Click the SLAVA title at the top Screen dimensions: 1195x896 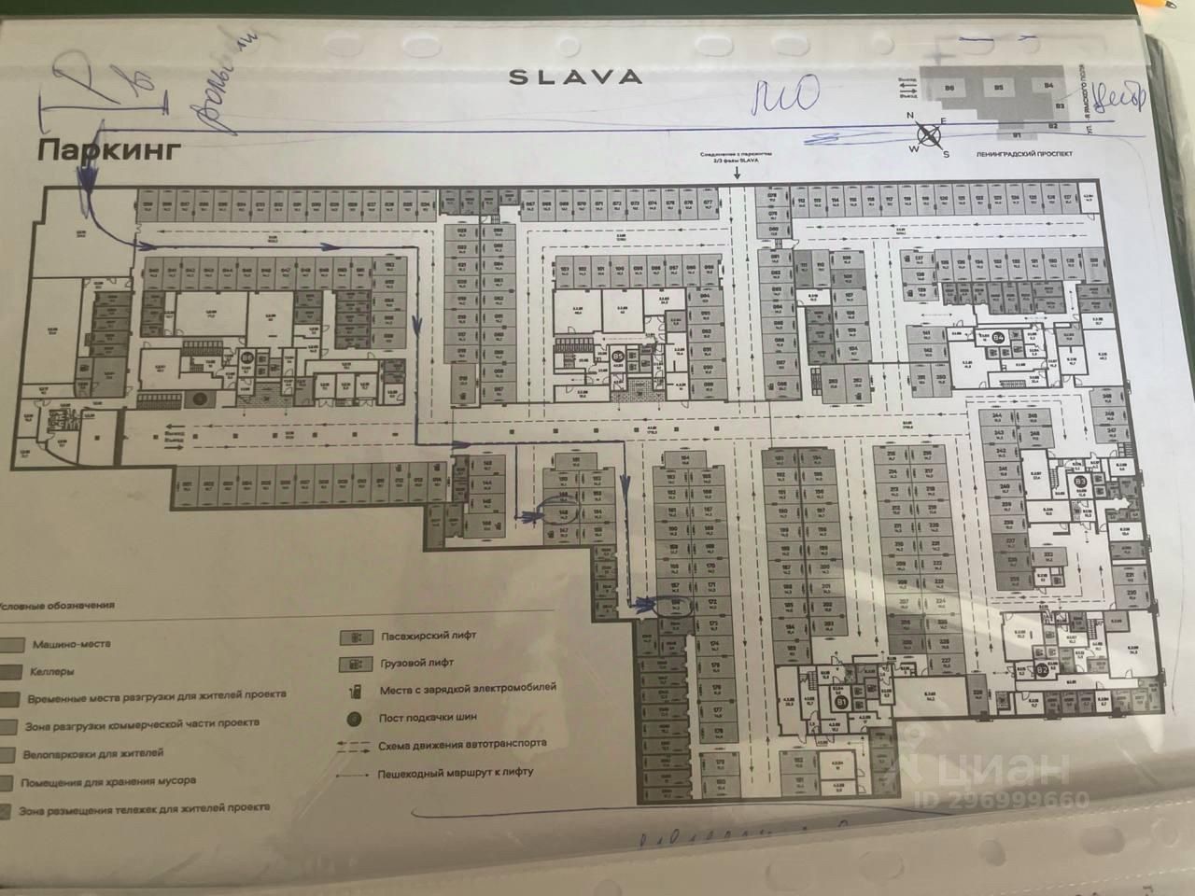[x=575, y=77]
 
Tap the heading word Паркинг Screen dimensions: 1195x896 [x=105, y=150]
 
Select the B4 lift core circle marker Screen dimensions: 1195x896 [x=998, y=337]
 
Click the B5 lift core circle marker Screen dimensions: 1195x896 [x=618, y=355]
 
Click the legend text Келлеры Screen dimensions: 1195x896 [x=55, y=671]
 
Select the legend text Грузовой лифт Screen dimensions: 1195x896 [x=416, y=662]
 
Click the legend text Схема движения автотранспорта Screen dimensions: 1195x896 [x=463, y=745]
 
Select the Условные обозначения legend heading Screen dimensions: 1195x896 [x=58, y=605]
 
